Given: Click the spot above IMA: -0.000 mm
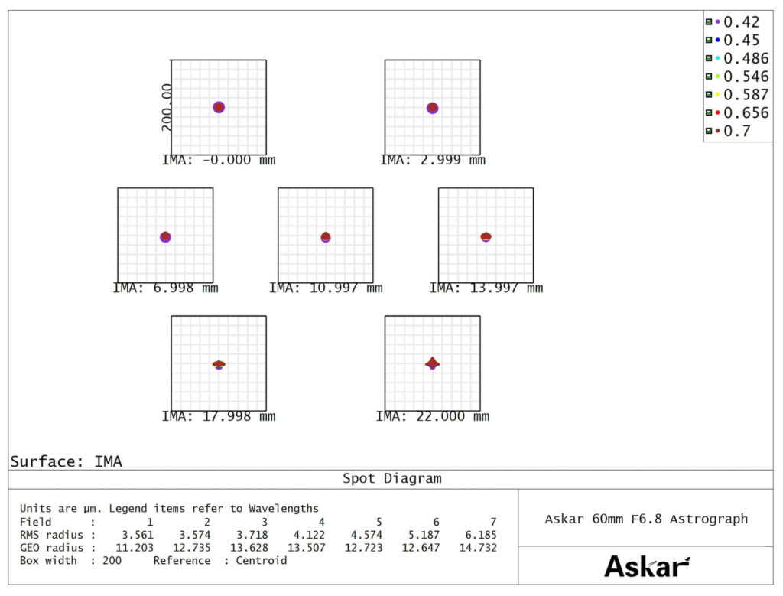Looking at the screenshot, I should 219,107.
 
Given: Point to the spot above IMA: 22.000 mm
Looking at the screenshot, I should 432,363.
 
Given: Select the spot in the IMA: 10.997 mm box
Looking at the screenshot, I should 326,237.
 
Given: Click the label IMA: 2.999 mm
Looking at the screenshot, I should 433,161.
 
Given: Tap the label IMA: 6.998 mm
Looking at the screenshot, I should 165,288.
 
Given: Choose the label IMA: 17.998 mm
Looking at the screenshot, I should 219,417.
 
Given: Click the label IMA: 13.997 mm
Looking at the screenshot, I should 486,288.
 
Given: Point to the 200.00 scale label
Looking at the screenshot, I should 167,107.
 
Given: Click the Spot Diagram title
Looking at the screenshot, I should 391,479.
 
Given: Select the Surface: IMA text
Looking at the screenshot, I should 66,461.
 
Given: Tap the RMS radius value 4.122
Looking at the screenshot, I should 310,535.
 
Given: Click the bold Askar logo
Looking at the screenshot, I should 646,566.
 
